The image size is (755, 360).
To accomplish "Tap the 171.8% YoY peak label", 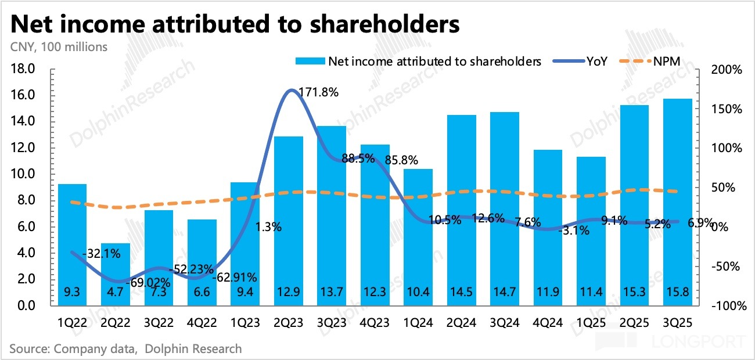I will point(318,92).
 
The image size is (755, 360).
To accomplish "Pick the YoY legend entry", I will point(596,61).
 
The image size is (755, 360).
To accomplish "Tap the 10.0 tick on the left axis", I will point(24,174).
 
